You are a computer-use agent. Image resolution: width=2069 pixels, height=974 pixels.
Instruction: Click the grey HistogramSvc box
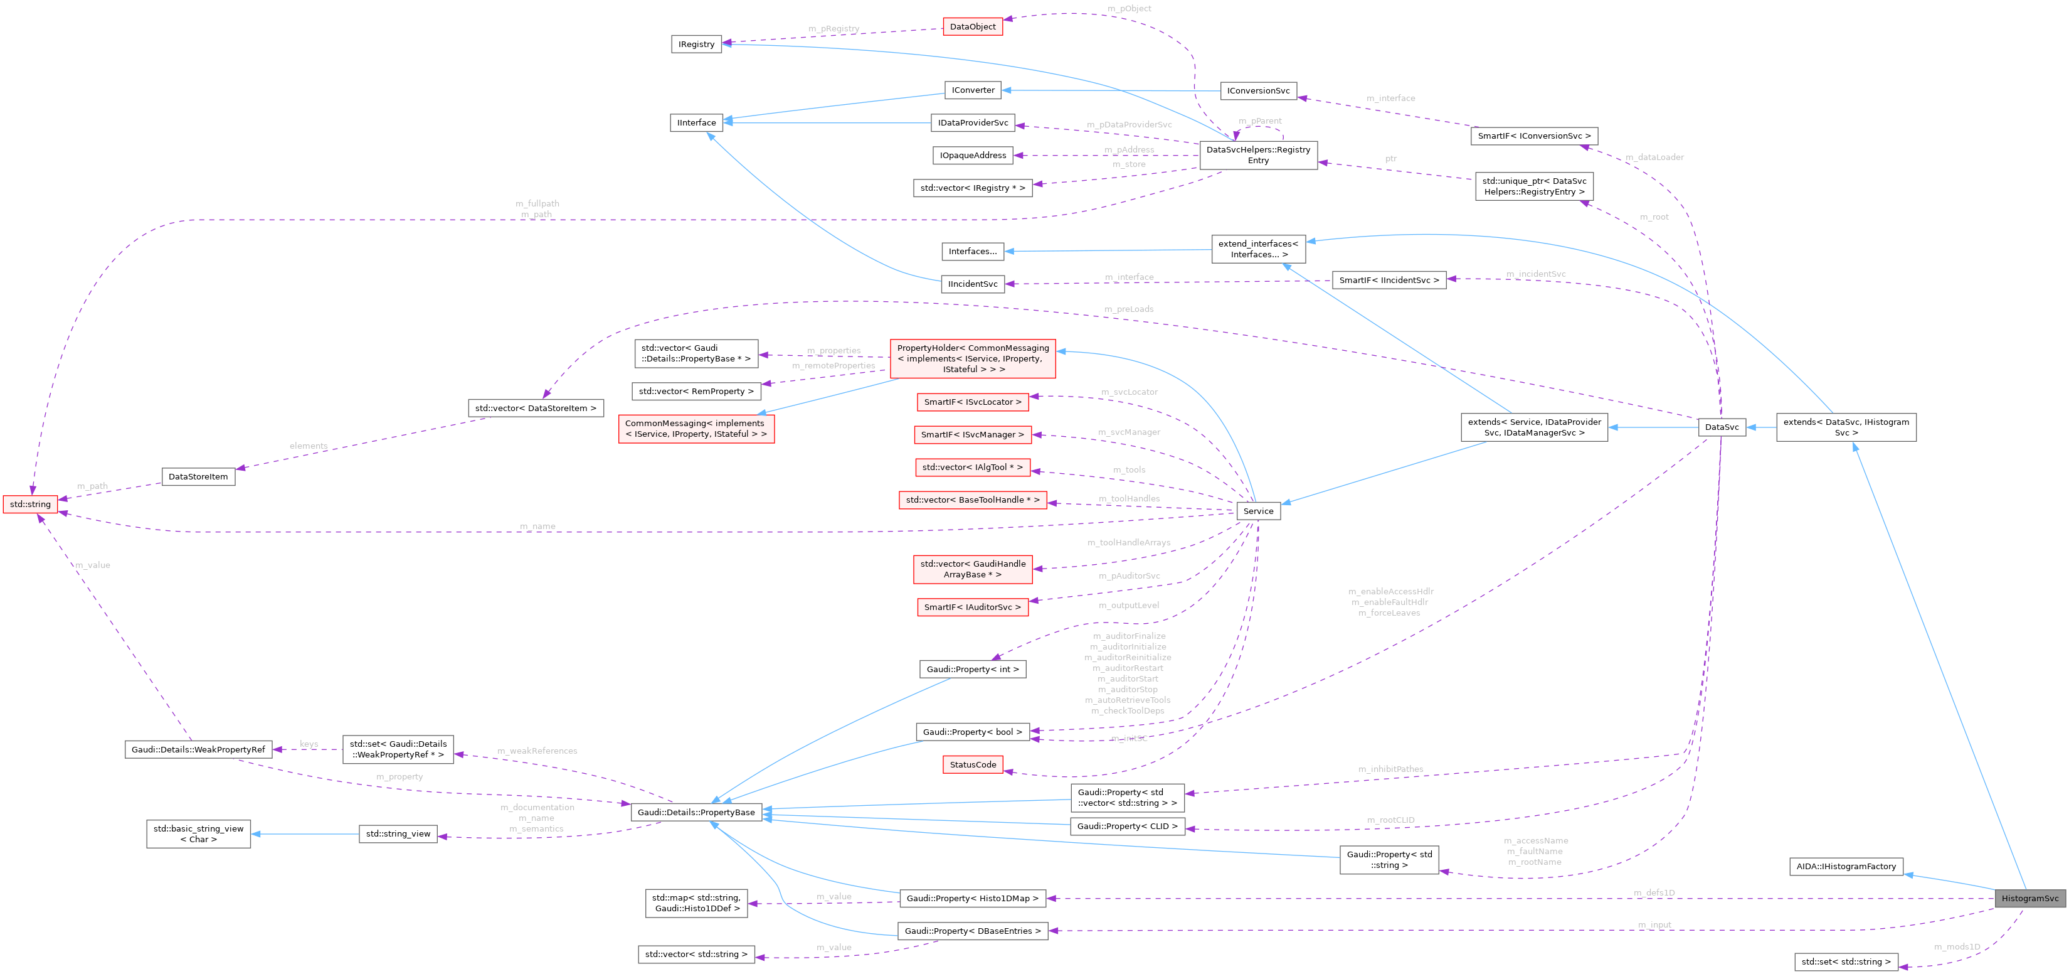click(2029, 899)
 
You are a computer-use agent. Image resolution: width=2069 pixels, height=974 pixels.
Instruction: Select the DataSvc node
click(1721, 427)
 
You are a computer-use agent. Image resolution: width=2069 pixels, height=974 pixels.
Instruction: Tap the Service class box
click(1258, 511)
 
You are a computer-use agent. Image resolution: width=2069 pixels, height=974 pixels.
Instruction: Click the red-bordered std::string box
click(29, 504)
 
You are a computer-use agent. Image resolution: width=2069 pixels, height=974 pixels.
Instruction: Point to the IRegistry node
click(696, 44)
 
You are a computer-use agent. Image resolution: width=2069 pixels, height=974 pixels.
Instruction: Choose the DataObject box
click(972, 26)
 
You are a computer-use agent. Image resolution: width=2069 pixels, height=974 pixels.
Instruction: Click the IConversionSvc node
click(1258, 91)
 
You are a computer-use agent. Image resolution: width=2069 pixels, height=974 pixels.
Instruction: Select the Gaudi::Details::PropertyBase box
click(696, 813)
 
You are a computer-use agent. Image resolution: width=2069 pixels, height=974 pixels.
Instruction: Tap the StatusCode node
click(972, 764)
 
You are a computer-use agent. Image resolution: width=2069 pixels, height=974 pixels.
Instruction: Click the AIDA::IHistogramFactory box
click(1846, 866)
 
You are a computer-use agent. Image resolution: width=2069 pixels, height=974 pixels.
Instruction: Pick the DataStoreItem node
click(198, 476)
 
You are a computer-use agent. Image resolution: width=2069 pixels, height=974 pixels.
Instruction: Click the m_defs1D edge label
click(1654, 893)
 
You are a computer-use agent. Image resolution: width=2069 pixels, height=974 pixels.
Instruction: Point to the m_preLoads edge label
click(1128, 309)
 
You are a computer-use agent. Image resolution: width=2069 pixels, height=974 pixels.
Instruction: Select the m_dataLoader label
click(1654, 157)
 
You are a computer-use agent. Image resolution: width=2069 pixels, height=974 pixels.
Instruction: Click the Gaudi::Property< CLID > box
click(1127, 826)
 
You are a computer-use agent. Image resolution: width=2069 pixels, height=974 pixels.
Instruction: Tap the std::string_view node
click(398, 833)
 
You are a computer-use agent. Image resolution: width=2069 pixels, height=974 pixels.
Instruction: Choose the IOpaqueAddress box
click(972, 155)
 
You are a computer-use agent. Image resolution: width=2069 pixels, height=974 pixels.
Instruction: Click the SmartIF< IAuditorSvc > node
click(972, 607)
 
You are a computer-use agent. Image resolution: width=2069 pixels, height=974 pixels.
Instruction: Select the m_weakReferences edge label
click(536, 751)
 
